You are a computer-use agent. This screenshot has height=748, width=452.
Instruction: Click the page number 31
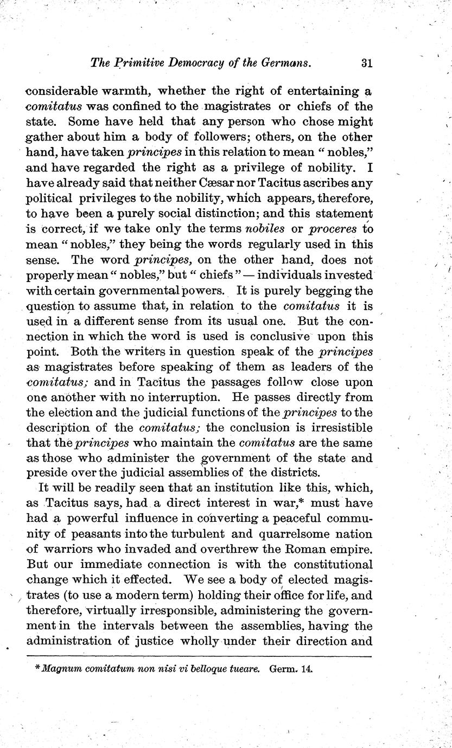point(366,63)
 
